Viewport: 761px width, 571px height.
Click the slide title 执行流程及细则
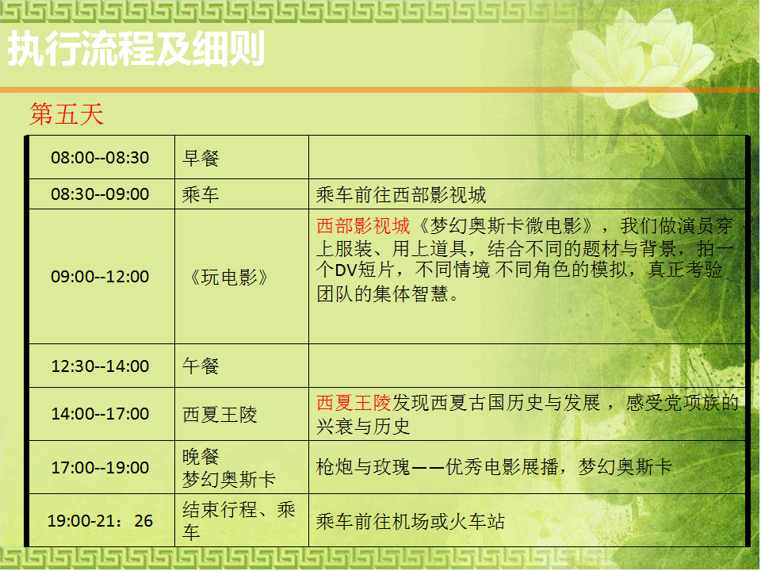click(x=136, y=48)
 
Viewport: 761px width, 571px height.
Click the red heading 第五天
click(x=67, y=114)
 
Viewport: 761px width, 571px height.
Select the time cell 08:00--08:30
click(x=100, y=158)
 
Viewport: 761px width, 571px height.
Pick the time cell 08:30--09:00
click(x=100, y=194)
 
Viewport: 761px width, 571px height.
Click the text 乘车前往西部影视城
click(x=401, y=195)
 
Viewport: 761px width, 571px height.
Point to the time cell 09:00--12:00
click(x=100, y=277)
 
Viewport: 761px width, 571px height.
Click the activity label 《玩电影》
click(x=228, y=278)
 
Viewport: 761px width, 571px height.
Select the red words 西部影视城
click(x=364, y=226)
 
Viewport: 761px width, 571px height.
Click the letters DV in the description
click(x=346, y=270)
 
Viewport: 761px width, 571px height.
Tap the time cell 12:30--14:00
click(x=100, y=366)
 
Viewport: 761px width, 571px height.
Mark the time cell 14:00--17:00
click(x=100, y=414)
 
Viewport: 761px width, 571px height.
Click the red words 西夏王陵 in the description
click(x=354, y=403)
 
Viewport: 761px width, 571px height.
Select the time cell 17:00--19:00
click(x=100, y=468)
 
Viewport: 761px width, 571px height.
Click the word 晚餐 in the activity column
click(x=201, y=457)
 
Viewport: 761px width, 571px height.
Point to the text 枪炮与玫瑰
click(x=364, y=467)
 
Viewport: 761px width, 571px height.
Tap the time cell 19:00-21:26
click(x=100, y=521)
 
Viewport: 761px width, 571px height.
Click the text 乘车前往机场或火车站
click(x=411, y=522)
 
